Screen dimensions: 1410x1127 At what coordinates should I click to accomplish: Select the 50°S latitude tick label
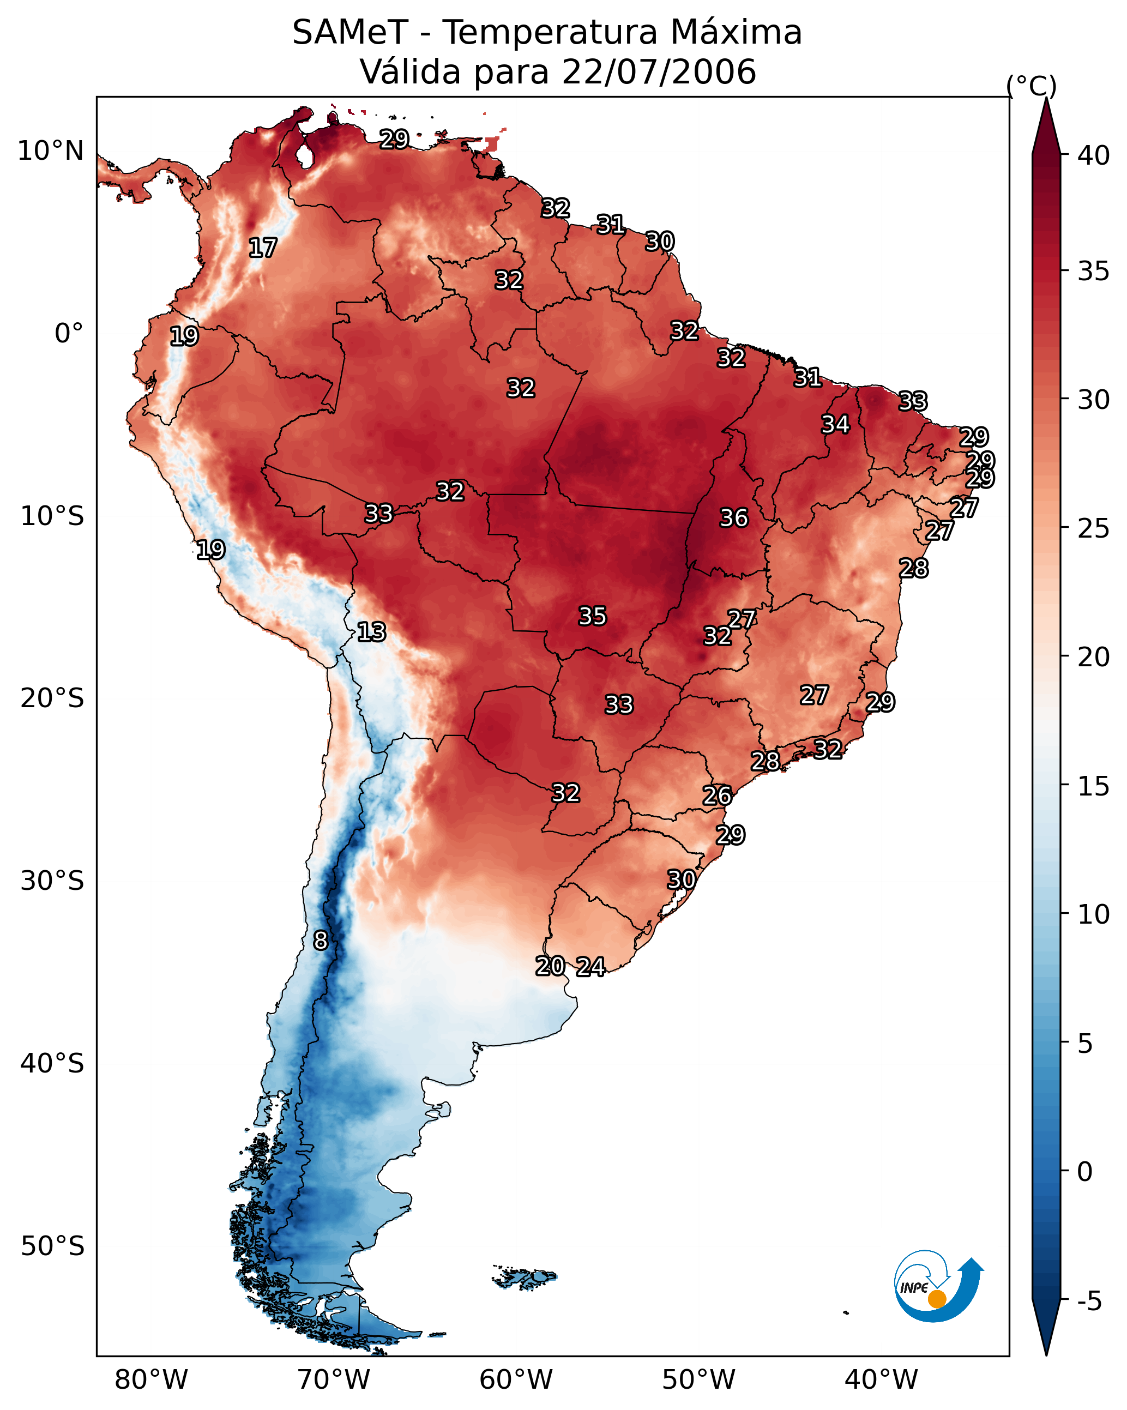pos(52,1246)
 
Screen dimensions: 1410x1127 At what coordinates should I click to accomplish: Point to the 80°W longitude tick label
pos(151,1380)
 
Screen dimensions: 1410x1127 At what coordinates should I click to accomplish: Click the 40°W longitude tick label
pos(881,1380)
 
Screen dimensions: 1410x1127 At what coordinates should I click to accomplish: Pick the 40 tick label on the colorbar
pos(1094,155)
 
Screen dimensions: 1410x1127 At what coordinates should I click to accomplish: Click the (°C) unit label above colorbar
pos(1032,86)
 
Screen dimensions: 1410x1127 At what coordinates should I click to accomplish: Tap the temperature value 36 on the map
pos(733,518)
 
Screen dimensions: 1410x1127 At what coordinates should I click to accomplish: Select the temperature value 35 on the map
pos(593,616)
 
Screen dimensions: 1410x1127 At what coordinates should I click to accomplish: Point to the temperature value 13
pos(371,632)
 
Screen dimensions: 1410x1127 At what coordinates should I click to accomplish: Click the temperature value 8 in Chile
pos(321,941)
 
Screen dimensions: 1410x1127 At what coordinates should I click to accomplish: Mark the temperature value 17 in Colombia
pos(263,248)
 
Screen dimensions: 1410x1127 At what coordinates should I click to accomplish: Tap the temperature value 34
pos(835,424)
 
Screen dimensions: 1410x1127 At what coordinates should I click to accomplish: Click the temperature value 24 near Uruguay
pos(590,967)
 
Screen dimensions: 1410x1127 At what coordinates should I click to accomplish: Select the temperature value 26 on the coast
pos(717,796)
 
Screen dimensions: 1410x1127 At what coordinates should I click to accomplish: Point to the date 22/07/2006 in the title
pos(659,72)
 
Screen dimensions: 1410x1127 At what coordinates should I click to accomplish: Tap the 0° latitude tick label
pos(69,334)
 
